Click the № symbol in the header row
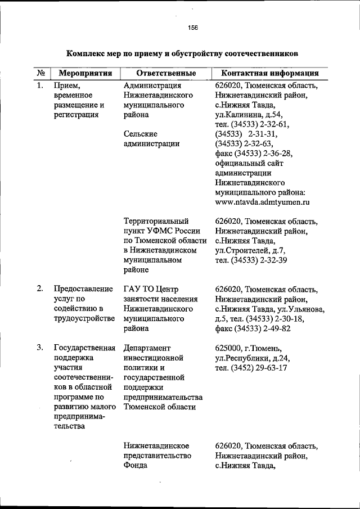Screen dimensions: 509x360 [x=41, y=74]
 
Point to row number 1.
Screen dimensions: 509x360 [x=40, y=86]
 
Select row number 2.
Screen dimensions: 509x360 [x=40, y=289]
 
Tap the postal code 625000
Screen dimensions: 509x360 [x=229, y=348]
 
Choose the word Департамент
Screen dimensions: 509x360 [x=147, y=348]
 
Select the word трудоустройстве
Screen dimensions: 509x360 [x=79, y=318]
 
